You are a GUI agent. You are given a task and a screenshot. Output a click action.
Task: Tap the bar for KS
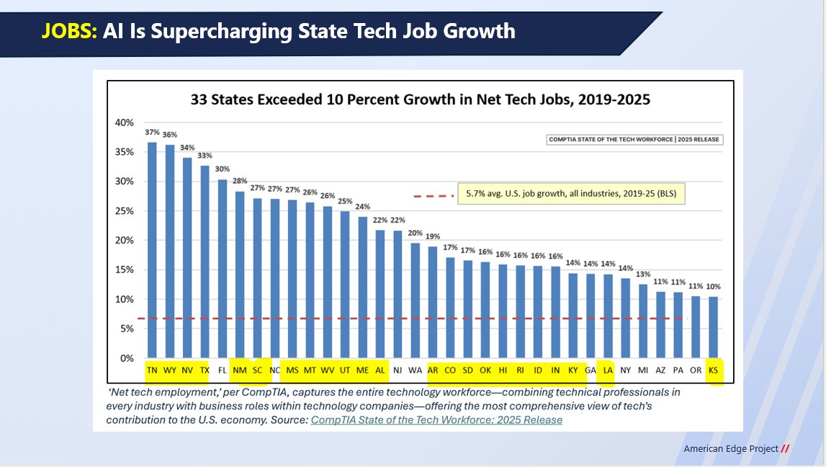click(713, 327)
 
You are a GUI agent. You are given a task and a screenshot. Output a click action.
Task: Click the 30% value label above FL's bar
click(223, 169)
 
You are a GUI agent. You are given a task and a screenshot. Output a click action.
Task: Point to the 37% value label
click(152, 132)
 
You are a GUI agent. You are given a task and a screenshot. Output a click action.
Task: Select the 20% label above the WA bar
click(416, 233)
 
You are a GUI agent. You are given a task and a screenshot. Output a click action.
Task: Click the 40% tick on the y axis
click(125, 123)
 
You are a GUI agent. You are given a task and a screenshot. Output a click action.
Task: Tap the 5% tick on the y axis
click(127, 329)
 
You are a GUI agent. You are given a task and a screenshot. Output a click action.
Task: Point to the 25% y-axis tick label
click(125, 211)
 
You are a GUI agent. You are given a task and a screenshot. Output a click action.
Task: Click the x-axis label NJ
click(398, 370)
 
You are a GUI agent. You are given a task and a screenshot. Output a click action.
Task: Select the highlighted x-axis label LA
click(608, 370)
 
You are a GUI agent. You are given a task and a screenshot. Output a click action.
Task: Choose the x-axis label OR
click(696, 370)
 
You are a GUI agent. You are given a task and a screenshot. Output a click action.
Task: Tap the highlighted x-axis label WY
click(170, 370)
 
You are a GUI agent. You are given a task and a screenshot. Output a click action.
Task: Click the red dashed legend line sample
click(434, 195)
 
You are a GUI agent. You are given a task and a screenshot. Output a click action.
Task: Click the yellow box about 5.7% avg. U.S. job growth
click(571, 194)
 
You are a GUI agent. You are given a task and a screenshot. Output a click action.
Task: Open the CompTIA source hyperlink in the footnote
click(436, 419)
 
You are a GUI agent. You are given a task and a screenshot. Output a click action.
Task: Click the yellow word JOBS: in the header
click(69, 31)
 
